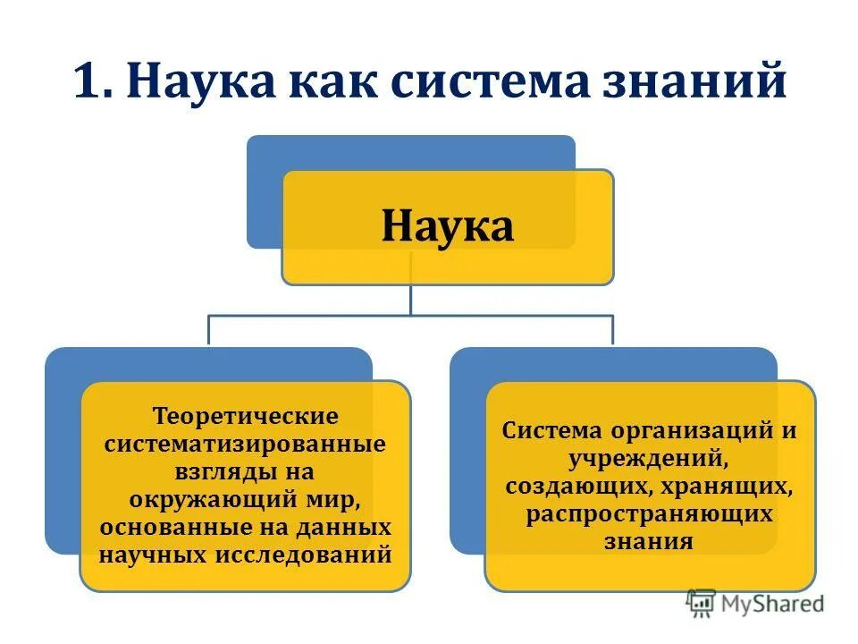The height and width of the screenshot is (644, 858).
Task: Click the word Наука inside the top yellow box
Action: (448, 226)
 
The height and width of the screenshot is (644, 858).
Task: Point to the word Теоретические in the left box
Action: (246, 417)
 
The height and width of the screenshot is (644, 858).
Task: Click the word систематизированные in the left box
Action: (246, 445)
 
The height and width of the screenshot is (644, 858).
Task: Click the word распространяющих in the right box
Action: (650, 513)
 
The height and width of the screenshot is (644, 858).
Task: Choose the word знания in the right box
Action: (650, 541)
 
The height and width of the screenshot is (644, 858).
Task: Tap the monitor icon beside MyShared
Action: (702, 604)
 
